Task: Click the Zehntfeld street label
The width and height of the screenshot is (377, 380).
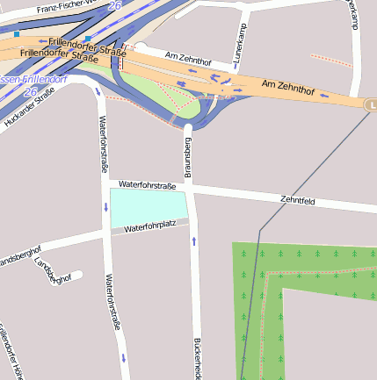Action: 298,201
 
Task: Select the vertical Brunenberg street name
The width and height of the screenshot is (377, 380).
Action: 186,154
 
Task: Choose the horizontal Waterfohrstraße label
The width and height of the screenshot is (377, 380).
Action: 148,185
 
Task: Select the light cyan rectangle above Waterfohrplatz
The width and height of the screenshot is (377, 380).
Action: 148,206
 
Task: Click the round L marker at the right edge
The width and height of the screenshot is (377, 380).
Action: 371,104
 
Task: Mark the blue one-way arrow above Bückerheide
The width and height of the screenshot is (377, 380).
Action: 193,240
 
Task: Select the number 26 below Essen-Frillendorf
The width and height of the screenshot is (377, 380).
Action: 30,91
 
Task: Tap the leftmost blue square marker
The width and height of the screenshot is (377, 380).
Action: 17,33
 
